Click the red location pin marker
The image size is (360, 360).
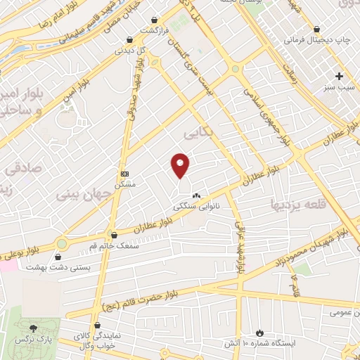(x=181, y=165)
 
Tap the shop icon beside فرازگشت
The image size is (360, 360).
(x=129, y=41)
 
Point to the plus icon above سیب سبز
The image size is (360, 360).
(x=340, y=76)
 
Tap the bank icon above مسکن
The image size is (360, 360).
(x=124, y=174)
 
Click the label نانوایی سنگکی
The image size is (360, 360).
(x=197, y=207)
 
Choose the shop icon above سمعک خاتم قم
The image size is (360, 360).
(x=114, y=236)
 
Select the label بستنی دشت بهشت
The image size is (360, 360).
(x=53, y=267)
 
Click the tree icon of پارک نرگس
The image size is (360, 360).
(x=33, y=328)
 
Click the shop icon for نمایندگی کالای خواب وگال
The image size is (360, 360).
(x=75, y=336)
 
